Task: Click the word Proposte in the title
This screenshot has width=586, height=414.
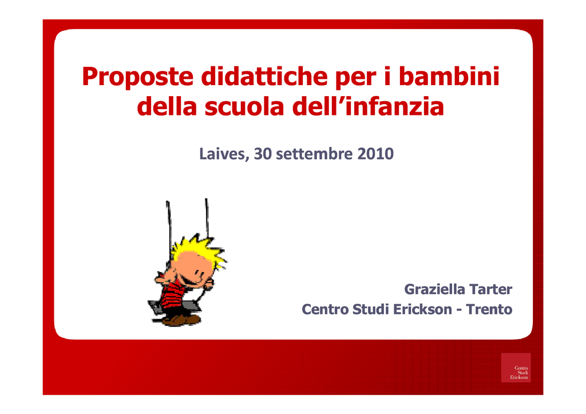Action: click(x=137, y=77)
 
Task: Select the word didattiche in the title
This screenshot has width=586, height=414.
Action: click(x=264, y=76)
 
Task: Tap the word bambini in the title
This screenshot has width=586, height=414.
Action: click(x=449, y=76)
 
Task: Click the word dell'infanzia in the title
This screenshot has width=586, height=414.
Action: click(x=368, y=106)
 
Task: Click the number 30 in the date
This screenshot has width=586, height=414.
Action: click(x=263, y=154)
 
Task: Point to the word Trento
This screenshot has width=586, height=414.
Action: click(x=489, y=309)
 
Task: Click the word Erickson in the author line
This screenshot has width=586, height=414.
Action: click(x=423, y=309)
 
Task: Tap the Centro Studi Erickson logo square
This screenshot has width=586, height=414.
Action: click(x=516, y=368)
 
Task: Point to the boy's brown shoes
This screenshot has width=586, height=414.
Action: click(x=181, y=320)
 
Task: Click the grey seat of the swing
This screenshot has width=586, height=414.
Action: click(x=174, y=307)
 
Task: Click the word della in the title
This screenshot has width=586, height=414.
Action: click(x=167, y=106)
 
